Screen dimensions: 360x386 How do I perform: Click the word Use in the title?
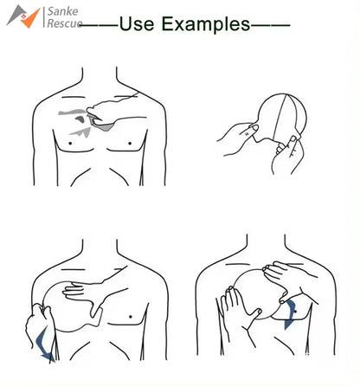[137, 23]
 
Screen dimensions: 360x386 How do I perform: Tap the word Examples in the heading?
[206, 24]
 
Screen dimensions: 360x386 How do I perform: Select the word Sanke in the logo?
[62, 11]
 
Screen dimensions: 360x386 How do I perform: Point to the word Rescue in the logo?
[65, 23]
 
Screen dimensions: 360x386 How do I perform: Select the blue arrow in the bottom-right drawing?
[290, 314]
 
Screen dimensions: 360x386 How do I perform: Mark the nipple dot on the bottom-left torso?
[131, 317]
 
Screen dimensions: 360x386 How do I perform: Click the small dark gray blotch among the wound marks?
[80, 119]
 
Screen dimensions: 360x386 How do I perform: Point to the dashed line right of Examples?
[270, 25]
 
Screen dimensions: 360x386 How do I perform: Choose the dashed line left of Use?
[99, 25]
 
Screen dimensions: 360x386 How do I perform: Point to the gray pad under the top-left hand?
[101, 124]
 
